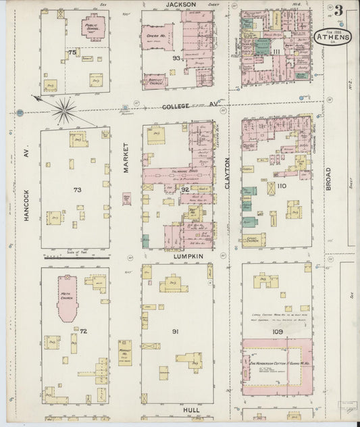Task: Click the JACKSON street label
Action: click(180, 5)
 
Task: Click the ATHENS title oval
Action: click(333, 37)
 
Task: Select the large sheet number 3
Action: click(336, 11)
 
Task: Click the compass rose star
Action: click(66, 110)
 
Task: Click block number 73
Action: click(77, 190)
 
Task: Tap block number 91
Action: click(175, 331)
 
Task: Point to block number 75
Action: click(71, 52)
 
